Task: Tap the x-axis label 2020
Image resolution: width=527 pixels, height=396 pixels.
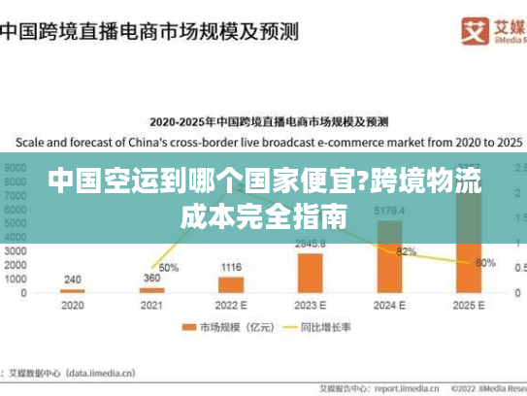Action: (x=73, y=306)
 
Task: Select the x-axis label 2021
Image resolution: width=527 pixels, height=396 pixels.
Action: (x=151, y=306)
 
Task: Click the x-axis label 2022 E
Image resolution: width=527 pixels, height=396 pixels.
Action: (x=230, y=306)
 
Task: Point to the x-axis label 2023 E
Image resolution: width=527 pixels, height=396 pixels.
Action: (x=310, y=306)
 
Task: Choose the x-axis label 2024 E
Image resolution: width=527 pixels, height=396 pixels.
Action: (x=389, y=306)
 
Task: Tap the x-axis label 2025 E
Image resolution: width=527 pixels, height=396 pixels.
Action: (x=469, y=306)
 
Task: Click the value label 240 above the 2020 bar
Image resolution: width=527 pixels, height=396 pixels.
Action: (x=73, y=279)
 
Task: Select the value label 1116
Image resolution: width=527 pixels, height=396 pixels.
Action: (x=230, y=266)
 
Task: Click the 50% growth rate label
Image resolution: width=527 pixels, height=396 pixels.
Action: (x=168, y=267)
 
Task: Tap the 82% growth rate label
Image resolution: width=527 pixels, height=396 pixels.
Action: (x=406, y=251)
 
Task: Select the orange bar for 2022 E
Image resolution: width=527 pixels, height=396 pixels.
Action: (x=230, y=283)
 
